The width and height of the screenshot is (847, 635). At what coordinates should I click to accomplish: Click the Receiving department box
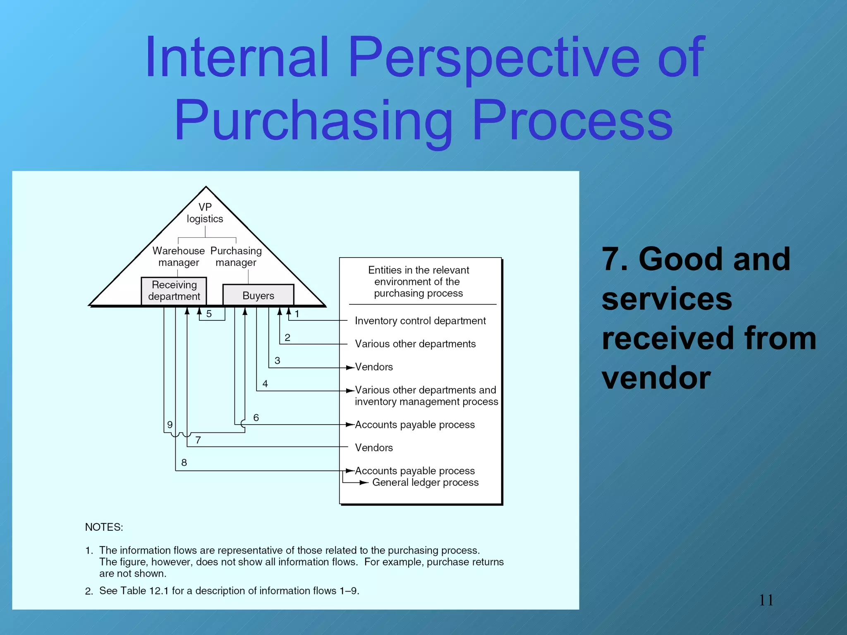(174, 291)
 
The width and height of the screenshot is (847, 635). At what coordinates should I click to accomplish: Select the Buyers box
(258, 295)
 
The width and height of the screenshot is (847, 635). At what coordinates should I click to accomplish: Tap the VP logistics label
(205, 213)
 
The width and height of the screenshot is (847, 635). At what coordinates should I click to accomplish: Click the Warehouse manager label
(178, 256)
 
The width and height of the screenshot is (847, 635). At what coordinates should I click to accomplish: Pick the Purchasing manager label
(236, 256)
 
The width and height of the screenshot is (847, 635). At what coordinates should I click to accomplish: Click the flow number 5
(209, 314)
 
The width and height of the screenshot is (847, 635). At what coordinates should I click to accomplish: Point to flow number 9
(170, 425)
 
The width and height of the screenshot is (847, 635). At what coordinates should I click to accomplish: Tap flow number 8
(184, 463)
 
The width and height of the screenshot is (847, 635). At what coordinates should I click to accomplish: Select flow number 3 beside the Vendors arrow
(277, 360)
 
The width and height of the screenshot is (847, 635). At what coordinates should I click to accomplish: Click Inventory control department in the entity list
(420, 321)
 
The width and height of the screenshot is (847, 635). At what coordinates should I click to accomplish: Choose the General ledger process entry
(425, 482)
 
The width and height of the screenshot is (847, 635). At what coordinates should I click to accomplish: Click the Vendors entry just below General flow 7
(373, 448)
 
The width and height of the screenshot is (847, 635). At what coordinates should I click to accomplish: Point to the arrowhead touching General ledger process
(364, 482)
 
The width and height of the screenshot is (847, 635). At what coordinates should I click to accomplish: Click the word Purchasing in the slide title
(313, 121)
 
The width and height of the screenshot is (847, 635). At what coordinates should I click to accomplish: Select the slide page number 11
(766, 600)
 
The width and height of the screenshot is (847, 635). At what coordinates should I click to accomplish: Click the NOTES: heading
(104, 527)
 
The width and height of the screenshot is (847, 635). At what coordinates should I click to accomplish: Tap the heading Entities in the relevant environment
(418, 282)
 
